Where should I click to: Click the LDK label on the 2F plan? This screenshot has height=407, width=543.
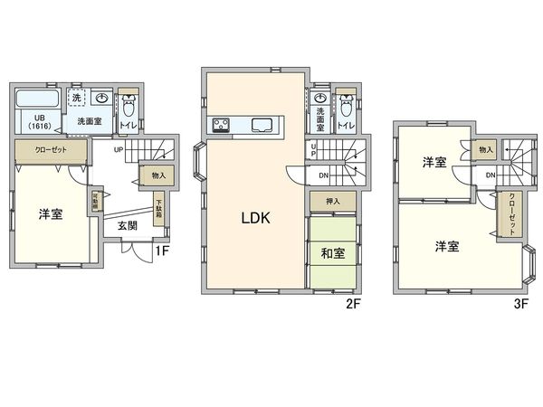click(256, 218)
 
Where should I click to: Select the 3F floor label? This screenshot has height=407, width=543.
click(520, 304)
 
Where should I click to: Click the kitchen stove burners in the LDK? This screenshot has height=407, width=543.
click(223, 125)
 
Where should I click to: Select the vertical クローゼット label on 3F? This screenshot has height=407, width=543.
click(512, 214)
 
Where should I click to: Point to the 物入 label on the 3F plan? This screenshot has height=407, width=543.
click(486, 150)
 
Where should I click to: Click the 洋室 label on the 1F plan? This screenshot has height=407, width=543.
click(50, 214)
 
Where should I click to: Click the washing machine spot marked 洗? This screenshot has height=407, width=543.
click(76, 98)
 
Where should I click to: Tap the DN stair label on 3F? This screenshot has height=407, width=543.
click(490, 174)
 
